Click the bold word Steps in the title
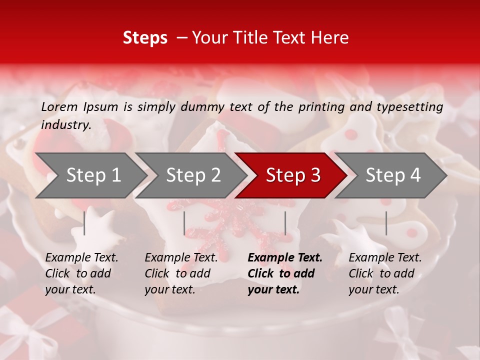click(145, 38)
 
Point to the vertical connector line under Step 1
click(84, 223)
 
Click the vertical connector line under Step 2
click(184, 223)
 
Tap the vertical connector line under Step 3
click(285, 223)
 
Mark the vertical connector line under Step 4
click(386, 223)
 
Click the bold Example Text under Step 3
click(285, 258)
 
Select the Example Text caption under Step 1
click(81, 258)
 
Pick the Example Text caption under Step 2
click(181, 258)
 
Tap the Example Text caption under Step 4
click(385, 258)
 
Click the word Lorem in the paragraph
click(59, 107)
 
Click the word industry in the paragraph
click(65, 125)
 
